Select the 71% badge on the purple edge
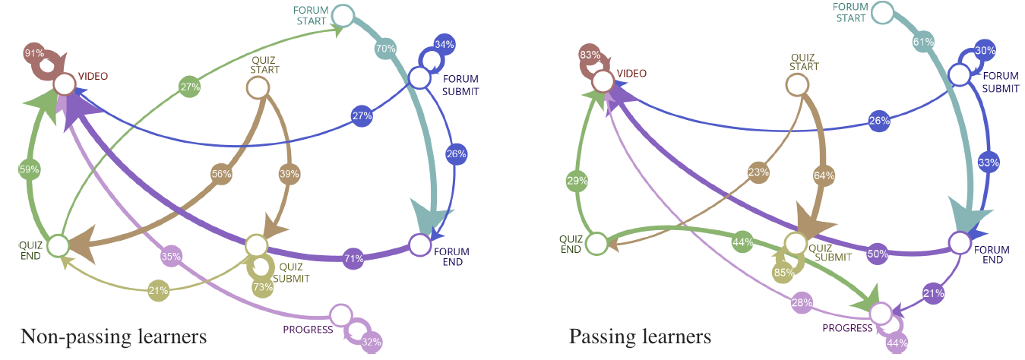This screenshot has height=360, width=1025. [353, 258]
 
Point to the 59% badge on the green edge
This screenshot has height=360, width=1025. [30, 169]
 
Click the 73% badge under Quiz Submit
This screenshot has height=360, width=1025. [263, 287]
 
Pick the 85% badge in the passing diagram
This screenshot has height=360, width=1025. [784, 272]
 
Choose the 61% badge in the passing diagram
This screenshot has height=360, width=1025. [923, 43]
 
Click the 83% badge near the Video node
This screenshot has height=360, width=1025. [590, 55]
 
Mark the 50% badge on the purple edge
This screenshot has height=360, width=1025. [878, 254]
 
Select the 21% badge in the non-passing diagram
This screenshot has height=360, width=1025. [158, 289]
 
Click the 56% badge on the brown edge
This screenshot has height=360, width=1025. [221, 173]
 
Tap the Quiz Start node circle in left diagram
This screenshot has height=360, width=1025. [258, 88]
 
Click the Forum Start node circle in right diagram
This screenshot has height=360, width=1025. [882, 11]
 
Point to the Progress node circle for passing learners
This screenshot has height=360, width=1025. [881, 312]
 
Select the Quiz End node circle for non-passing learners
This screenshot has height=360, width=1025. [58, 245]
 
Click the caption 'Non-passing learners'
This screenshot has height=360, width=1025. [113, 336]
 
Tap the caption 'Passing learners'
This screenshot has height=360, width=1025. [640, 336]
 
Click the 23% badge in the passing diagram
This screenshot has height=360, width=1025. [758, 172]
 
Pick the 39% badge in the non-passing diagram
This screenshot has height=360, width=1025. [289, 174]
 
